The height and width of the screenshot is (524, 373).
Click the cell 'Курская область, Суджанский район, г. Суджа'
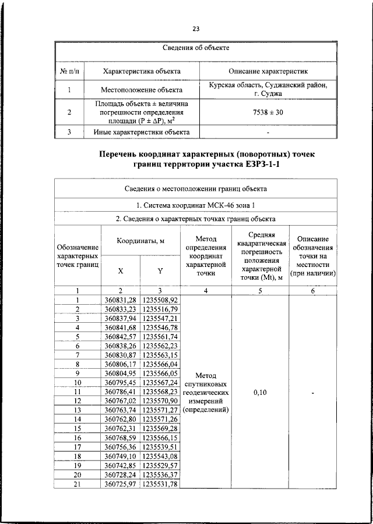pos(268,90)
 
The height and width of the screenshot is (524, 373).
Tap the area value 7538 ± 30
pos(268,112)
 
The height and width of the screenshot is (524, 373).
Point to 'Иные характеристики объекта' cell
pos(142,132)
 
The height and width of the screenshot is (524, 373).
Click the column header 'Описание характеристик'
pos(268,71)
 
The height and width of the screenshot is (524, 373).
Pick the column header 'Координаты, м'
pos(140,240)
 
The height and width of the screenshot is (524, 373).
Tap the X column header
pos(121,270)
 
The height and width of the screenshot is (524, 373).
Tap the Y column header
pos(160,270)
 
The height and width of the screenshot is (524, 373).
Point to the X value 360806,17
pos(121,364)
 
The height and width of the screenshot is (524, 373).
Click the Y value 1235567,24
pos(160,382)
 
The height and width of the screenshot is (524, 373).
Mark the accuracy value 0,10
pos(260,393)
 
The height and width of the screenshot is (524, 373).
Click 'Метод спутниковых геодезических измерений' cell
pos(206,393)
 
